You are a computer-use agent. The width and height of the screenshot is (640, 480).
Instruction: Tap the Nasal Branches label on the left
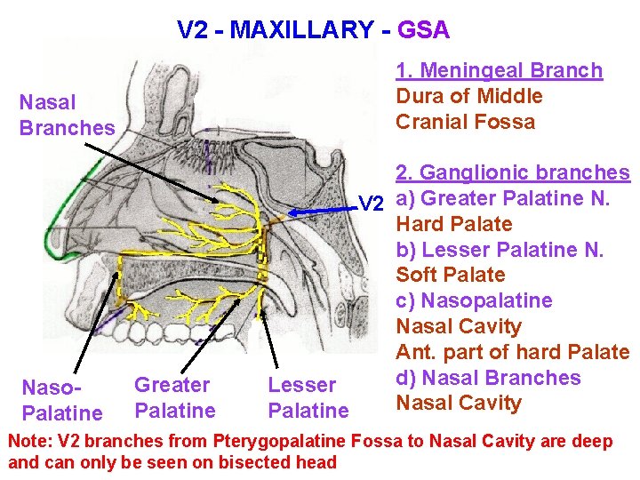[x=67, y=116]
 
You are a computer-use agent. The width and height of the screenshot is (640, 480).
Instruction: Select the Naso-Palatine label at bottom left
[x=61, y=400]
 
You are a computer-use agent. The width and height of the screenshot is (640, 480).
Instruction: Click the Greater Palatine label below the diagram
[x=174, y=397]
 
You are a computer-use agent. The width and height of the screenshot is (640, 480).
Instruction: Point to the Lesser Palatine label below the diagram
[x=308, y=397]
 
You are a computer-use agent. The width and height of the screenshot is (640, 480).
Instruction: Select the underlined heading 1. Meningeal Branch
[x=499, y=70]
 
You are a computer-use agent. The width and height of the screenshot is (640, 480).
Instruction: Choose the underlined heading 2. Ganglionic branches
[x=512, y=172]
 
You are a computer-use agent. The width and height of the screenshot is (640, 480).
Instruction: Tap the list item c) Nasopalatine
[x=474, y=300]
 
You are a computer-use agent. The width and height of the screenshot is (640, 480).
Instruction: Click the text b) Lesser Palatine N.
[x=500, y=250]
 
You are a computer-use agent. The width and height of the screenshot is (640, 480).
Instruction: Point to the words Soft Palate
[x=450, y=275]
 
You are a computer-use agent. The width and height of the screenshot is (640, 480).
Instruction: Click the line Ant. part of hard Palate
[x=512, y=352]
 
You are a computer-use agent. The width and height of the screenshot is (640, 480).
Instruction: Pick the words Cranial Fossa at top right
[x=465, y=122]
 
